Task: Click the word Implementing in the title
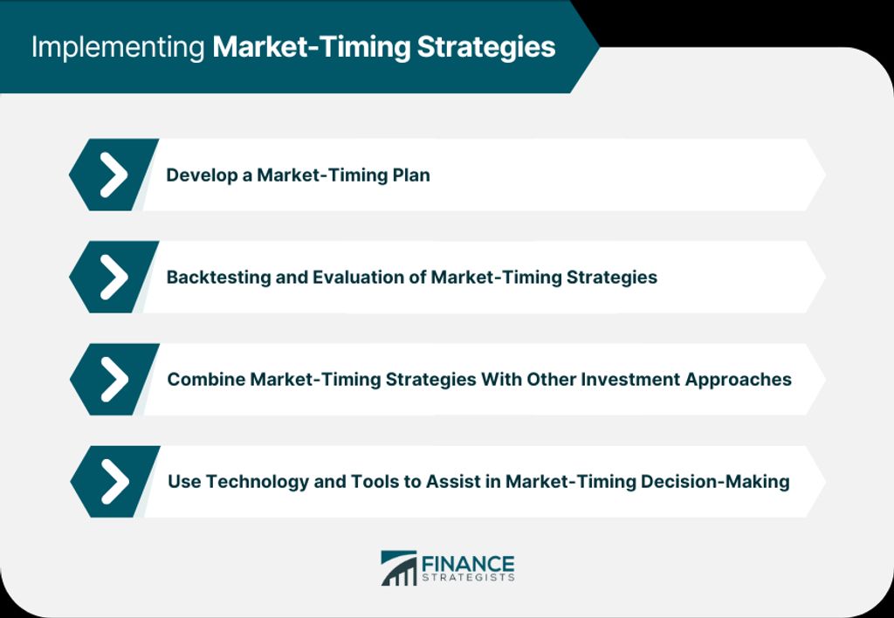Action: [118, 48]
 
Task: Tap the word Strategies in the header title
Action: [485, 48]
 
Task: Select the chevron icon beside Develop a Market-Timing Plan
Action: [114, 175]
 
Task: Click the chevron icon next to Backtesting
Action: [114, 277]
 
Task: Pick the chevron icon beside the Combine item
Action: [114, 379]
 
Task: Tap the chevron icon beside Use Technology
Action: [115, 482]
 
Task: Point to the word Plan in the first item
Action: [411, 175]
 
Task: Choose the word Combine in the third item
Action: [206, 379]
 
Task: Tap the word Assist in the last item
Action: [451, 482]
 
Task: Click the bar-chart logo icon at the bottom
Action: [399, 568]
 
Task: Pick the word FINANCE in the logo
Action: [468, 564]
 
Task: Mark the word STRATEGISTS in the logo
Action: [468, 578]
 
